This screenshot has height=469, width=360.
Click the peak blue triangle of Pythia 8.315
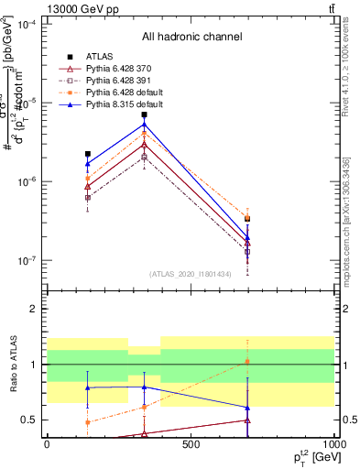click(144, 125)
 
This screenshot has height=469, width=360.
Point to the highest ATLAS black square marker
click(144, 115)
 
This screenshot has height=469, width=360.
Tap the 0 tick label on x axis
click(47, 445)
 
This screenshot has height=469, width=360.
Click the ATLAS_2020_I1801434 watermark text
click(190, 274)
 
